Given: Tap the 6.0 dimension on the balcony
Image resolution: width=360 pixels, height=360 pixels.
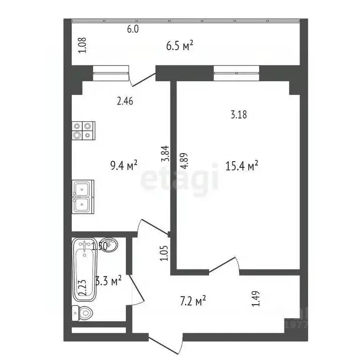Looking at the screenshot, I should [x=133, y=29].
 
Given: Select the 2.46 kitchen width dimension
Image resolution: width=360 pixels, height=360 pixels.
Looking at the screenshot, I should [x=125, y=100].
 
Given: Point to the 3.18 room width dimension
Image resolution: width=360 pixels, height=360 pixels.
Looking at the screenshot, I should [x=239, y=114].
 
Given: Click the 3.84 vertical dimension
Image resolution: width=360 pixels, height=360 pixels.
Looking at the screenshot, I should [x=165, y=154].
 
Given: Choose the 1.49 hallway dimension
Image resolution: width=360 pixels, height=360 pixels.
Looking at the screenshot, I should [x=256, y=299].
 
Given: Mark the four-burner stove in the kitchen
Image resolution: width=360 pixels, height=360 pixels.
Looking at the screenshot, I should [x=83, y=130].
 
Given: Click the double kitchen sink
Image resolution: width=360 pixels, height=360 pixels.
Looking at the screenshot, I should [x=82, y=197].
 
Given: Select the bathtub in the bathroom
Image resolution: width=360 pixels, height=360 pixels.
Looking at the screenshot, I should [x=85, y=270].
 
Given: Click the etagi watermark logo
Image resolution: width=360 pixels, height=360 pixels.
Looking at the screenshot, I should [x=180, y=180].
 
